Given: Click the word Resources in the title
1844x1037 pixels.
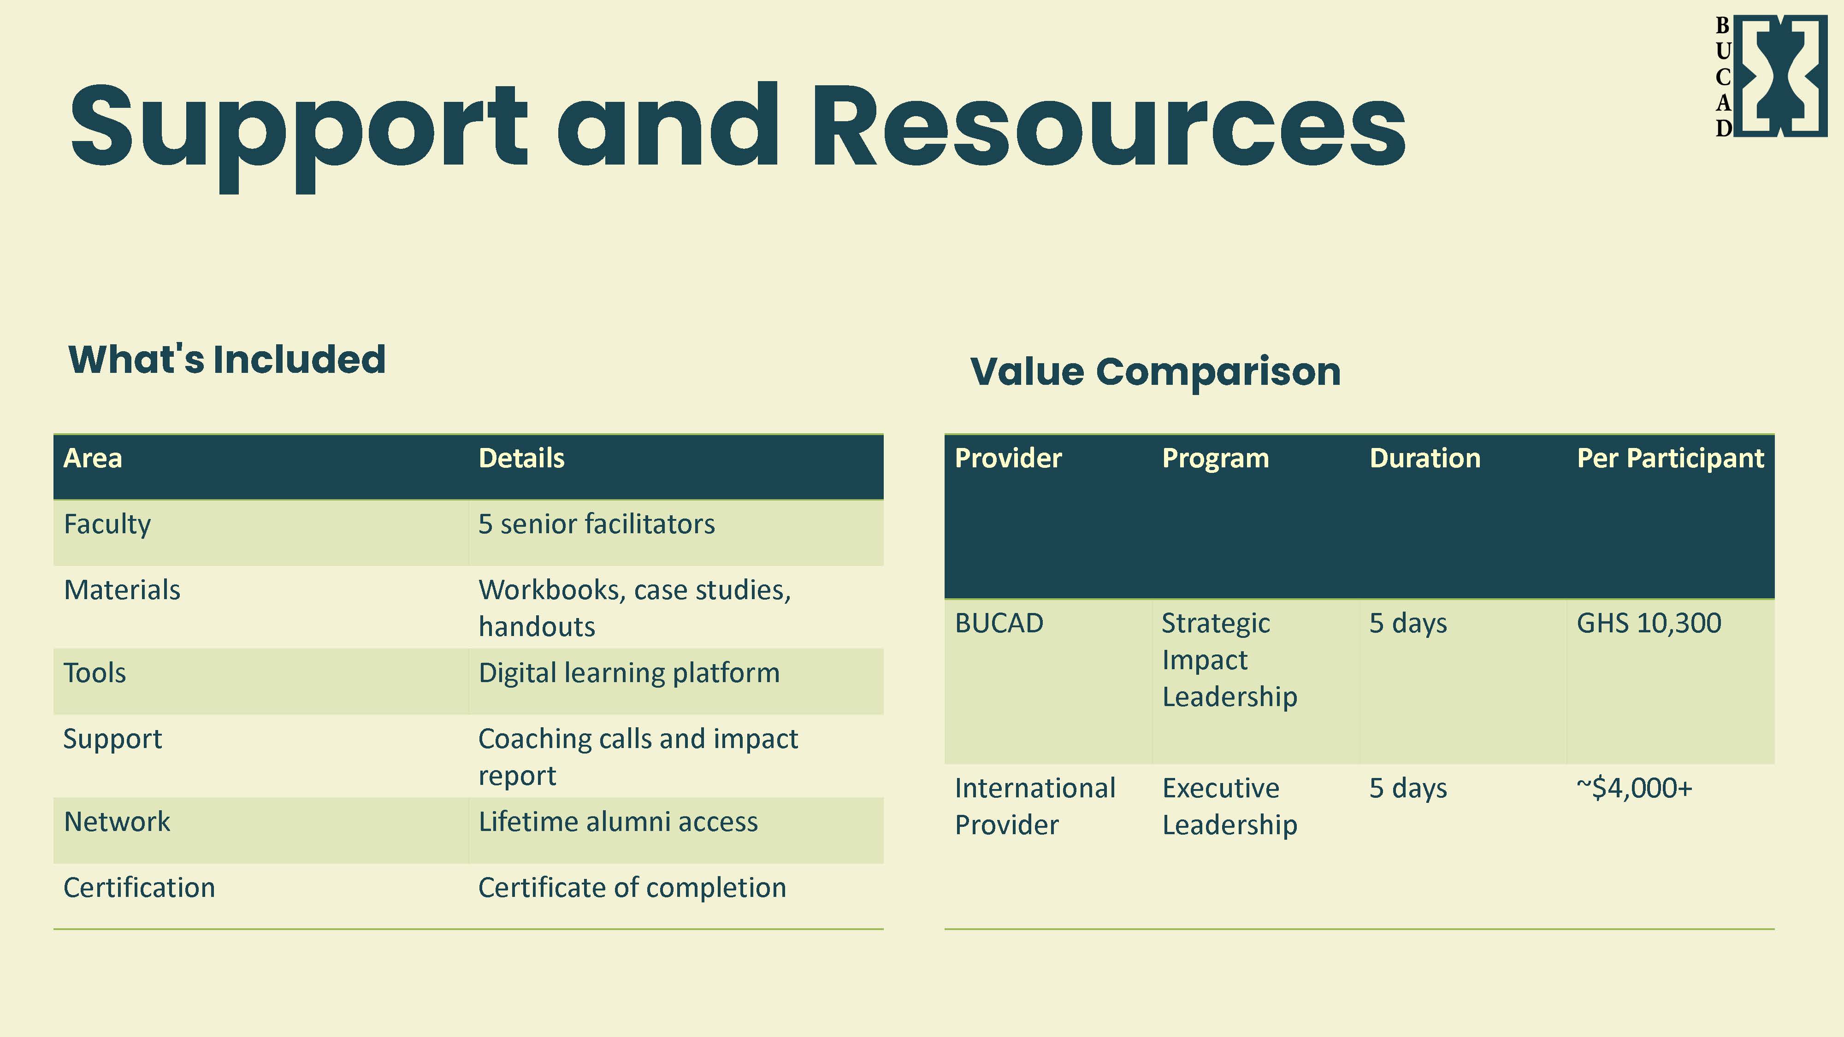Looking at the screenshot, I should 1108,127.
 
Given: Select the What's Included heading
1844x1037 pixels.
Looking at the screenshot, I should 227,359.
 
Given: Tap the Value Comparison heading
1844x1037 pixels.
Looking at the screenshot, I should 1155,371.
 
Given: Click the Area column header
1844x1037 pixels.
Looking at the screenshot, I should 93,458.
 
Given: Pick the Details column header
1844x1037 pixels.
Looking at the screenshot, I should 521,458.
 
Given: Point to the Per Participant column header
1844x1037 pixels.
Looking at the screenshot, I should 1670,458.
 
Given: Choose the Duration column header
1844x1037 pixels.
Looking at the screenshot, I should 1424,458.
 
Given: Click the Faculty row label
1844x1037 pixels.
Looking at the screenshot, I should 107,524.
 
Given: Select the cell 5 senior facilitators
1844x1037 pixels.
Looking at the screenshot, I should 596,524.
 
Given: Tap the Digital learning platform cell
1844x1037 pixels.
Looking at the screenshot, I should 628,673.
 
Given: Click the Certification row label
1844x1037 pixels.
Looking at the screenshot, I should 139,887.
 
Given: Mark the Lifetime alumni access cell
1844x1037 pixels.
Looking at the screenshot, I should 618,822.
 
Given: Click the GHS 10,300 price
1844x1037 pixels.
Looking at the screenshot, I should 1649,623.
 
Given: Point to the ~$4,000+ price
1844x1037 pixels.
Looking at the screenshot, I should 1634,788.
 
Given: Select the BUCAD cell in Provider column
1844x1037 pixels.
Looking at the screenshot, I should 999,623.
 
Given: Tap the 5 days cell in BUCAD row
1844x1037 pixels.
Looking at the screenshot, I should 1407,623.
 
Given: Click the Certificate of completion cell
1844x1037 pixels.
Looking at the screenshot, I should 632,887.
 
